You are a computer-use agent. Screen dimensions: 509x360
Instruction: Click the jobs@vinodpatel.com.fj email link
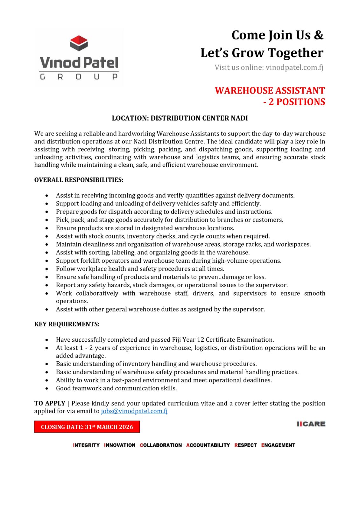(x=134, y=411)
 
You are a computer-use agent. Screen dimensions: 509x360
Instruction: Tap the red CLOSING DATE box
(x=87, y=427)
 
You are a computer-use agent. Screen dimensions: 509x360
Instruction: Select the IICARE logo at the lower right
(x=311, y=424)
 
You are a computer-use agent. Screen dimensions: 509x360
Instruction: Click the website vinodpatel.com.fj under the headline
(x=294, y=67)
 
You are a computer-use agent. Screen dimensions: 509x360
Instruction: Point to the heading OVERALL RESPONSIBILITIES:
(x=79, y=180)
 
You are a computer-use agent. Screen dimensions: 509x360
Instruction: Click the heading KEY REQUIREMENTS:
(x=67, y=324)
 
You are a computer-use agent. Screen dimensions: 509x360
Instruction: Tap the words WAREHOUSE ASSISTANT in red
(x=270, y=91)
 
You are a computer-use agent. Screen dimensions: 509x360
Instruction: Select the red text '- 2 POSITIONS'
(x=294, y=102)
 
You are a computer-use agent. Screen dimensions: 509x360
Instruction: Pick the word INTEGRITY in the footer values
(x=86, y=445)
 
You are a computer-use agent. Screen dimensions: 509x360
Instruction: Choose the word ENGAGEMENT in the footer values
(x=278, y=445)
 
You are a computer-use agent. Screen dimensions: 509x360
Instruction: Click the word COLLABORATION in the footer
(x=161, y=445)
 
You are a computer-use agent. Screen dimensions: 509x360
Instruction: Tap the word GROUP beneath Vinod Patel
(x=79, y=77)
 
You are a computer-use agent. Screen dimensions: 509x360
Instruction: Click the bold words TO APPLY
(x=50, y=403)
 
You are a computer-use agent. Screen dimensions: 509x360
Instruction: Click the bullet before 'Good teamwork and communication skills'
(x=47, y=388)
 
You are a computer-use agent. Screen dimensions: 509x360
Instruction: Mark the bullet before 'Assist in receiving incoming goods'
(x=47, y=196)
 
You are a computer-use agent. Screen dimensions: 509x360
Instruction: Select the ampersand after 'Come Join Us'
(x=318, y=35)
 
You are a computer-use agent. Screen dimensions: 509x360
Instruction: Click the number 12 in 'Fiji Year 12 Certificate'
(x=200, y=340)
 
